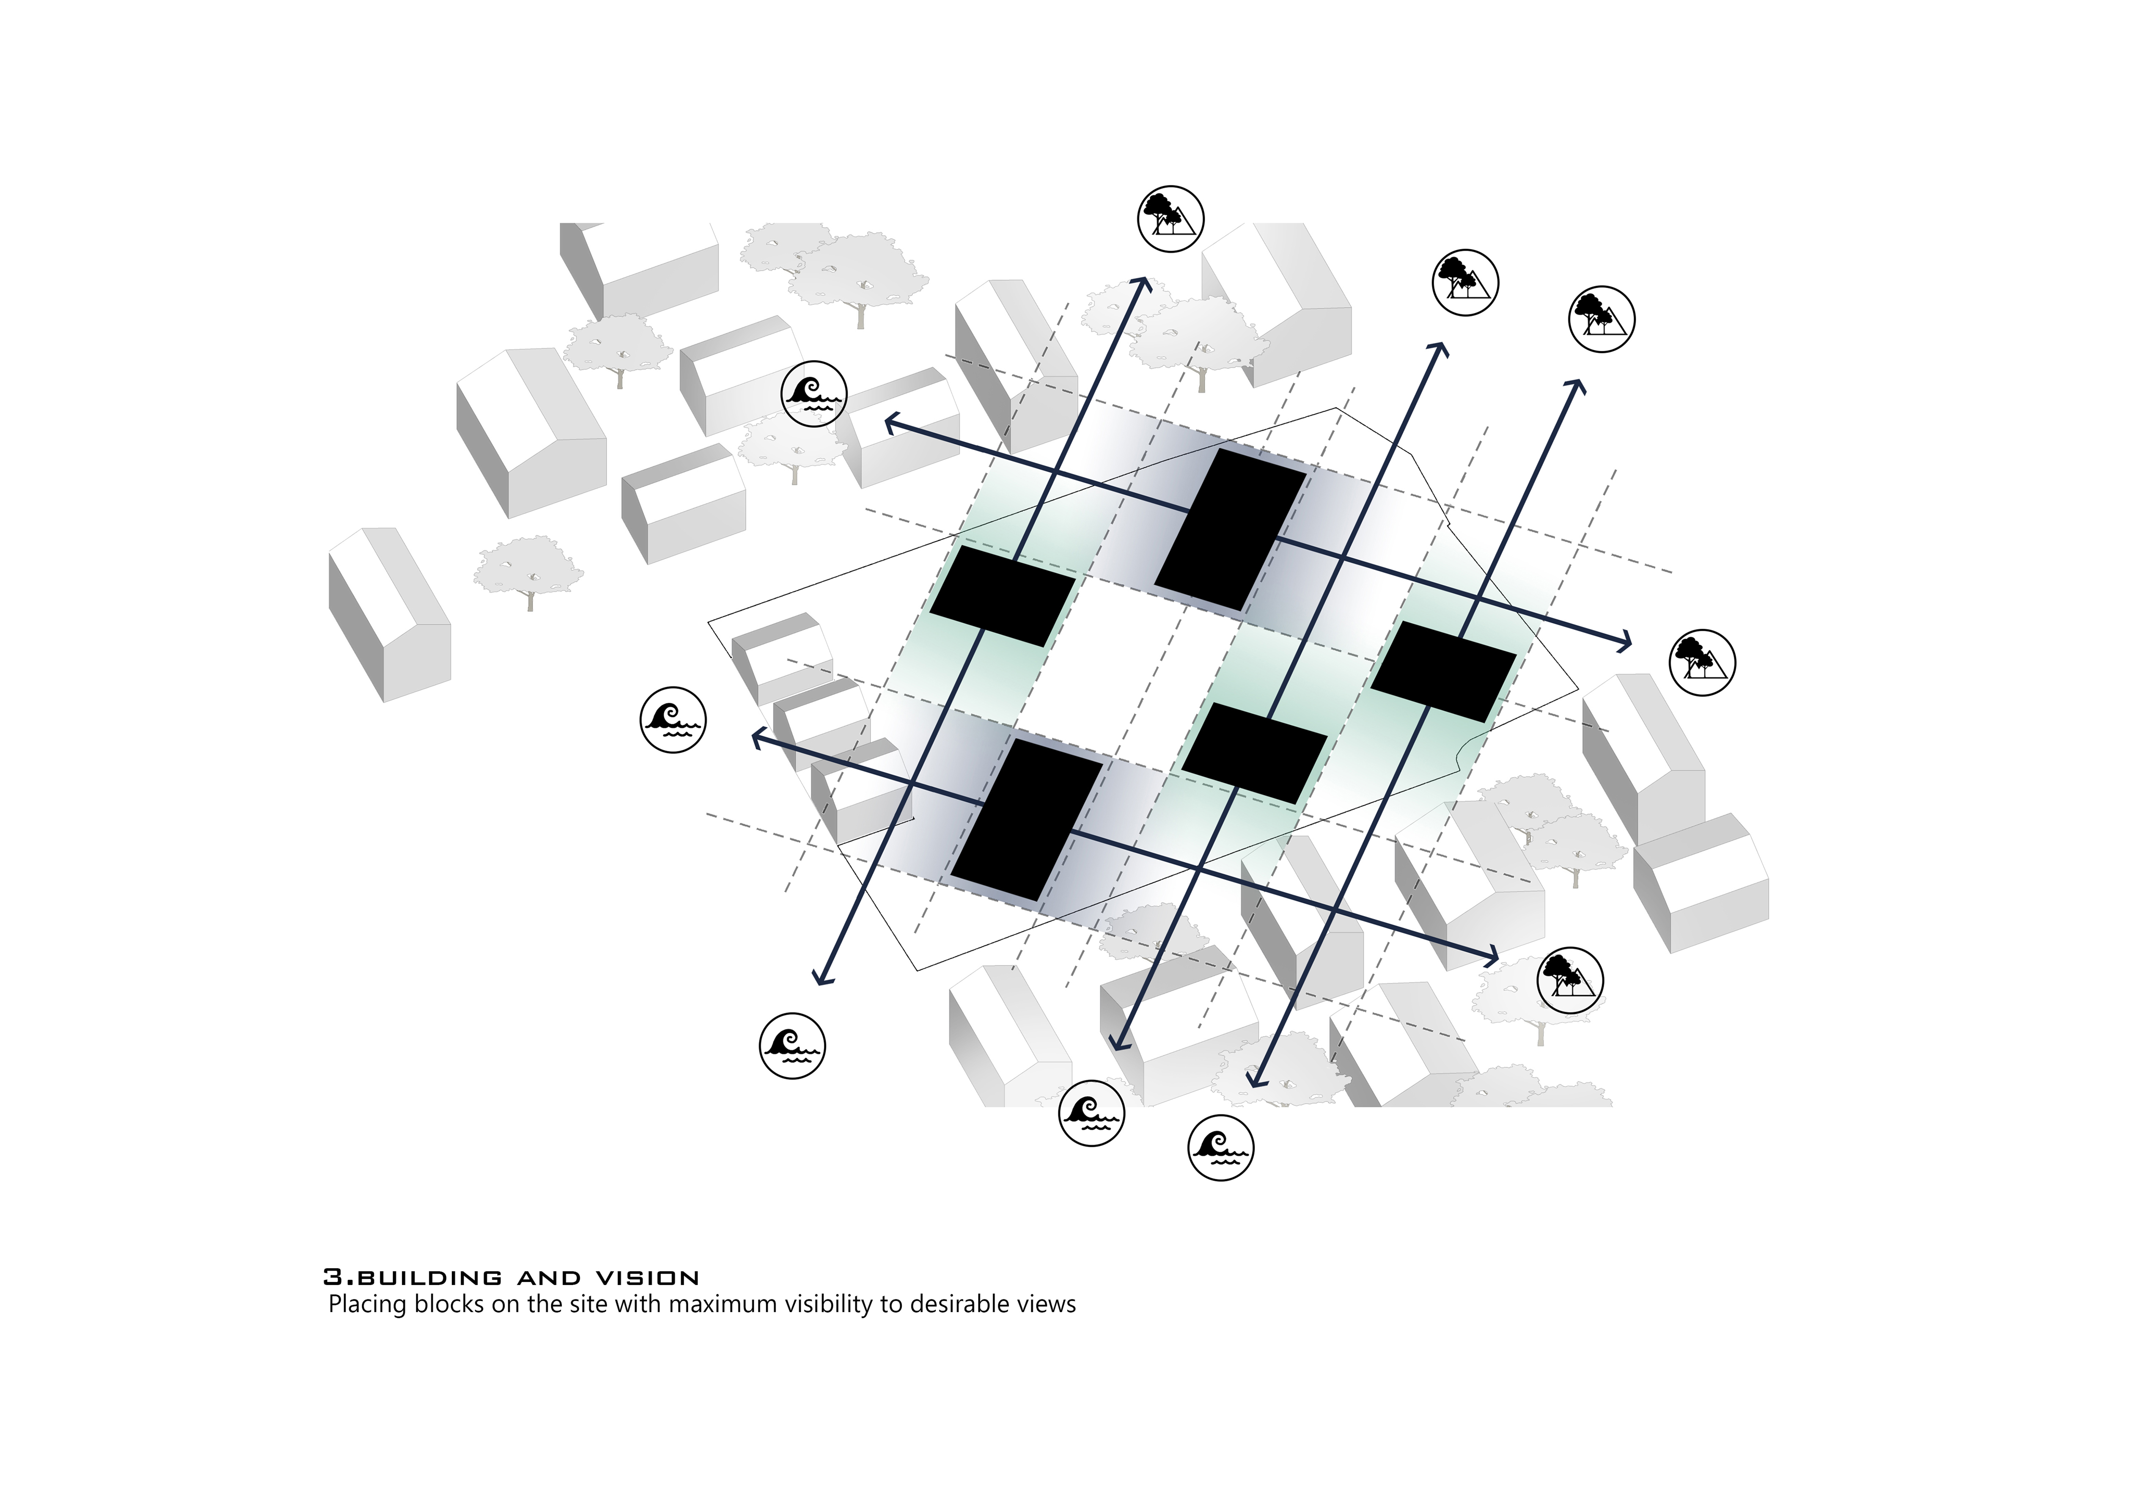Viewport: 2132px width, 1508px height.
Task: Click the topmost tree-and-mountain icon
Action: (x=1171, y=218)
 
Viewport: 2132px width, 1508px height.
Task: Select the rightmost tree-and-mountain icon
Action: (x=1702, y=662)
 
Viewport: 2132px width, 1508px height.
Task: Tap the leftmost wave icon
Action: (x=673, y=720)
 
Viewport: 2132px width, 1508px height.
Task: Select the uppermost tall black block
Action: (x=1231, y=530)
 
